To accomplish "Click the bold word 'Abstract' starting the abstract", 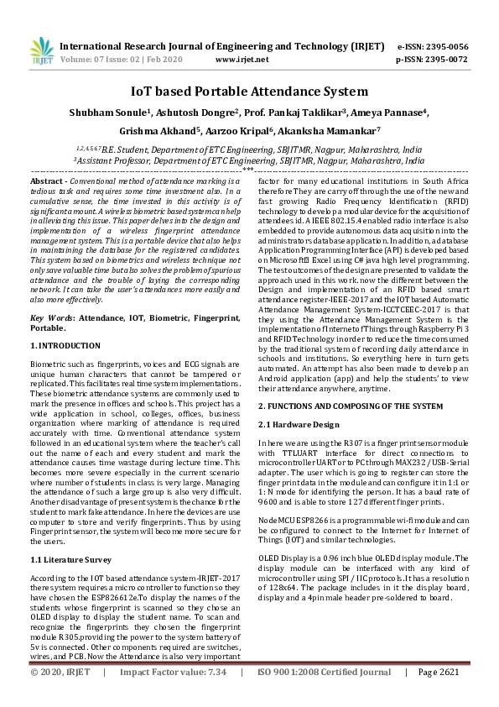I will [48, 181].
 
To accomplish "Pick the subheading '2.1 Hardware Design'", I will [299, 424].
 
